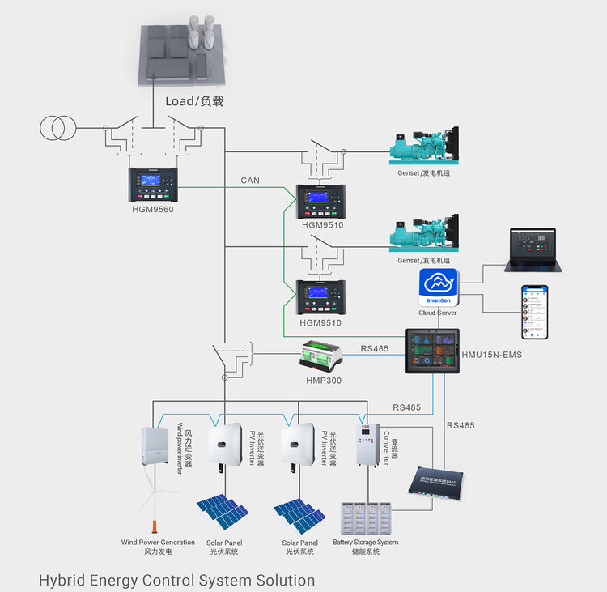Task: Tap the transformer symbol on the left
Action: point(57,128)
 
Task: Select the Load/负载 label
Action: point(194,101)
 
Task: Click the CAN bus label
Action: point(250,181)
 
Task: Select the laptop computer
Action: point(533,249)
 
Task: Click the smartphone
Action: point(534,312)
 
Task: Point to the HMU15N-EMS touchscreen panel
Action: point(432,351)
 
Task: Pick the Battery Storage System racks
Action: point(365,518)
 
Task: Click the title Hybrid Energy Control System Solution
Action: point(176,580)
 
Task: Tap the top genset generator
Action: point(423,147)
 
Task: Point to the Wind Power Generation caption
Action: point(158,543)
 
